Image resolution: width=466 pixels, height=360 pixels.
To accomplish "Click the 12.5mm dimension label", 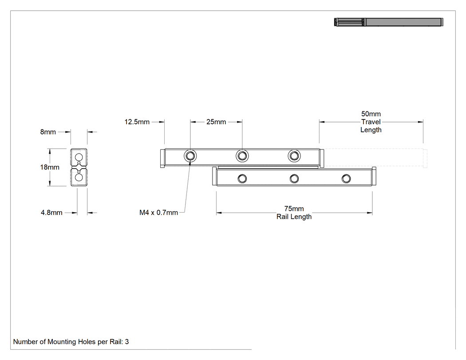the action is (137, 122).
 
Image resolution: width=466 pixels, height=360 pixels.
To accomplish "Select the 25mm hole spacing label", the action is (216, 122).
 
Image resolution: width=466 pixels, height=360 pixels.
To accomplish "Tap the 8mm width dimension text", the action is (48, 132).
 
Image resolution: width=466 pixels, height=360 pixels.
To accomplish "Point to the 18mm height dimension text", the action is (50, 167).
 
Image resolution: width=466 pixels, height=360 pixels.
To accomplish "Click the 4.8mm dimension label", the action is (51, 213).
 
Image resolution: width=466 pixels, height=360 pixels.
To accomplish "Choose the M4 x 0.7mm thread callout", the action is (159, 213).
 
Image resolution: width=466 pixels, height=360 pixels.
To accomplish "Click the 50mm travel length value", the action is (371, 114).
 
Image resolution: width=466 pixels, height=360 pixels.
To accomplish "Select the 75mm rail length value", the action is (294, 209).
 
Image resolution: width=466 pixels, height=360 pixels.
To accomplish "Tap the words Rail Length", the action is (294, 217).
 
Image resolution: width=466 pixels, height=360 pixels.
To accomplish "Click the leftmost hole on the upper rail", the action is (190, 156).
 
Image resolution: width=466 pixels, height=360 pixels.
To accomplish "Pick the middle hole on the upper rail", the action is (242, 156).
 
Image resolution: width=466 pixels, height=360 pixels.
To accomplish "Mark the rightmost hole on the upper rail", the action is (294, 156).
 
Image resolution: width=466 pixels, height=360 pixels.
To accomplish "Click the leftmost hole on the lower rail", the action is (242, 178).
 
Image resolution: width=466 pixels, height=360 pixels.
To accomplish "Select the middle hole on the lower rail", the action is (294, 178).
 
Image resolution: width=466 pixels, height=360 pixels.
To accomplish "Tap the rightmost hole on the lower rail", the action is (346, 178).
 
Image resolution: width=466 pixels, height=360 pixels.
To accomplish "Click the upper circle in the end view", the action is (79, 157).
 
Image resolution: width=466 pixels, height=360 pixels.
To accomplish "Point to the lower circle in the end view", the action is (79, 178).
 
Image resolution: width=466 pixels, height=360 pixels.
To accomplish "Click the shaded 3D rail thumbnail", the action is (389, 22).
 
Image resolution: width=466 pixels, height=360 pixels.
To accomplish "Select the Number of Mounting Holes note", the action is (71, 342).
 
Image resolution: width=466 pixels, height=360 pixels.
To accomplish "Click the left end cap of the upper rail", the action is (162, 158).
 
